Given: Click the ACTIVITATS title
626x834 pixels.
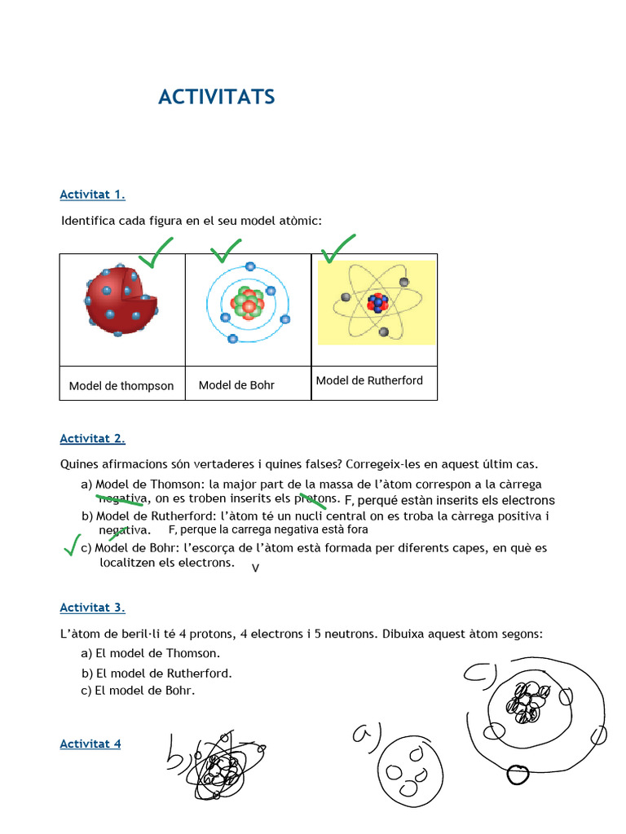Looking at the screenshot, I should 216,98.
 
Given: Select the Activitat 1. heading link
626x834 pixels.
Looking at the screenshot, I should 92,194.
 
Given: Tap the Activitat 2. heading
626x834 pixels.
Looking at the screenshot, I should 92,438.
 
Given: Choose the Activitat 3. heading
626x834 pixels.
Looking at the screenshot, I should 92,608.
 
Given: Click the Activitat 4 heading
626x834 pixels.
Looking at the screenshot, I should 90,744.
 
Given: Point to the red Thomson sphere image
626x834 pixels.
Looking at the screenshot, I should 121,299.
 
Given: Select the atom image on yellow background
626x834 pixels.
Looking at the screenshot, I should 376,302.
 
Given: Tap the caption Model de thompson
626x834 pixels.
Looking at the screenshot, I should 121,386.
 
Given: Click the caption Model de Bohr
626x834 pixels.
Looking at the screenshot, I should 236,385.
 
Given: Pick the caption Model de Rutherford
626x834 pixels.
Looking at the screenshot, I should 369,380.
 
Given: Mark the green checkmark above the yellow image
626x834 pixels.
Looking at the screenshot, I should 337,248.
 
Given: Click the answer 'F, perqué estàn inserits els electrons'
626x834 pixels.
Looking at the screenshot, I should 449,500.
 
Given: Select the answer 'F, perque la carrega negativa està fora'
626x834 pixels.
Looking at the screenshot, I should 268,529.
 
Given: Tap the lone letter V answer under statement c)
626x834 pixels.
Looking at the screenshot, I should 255,568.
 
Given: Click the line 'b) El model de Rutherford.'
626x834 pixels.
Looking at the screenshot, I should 156,674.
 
